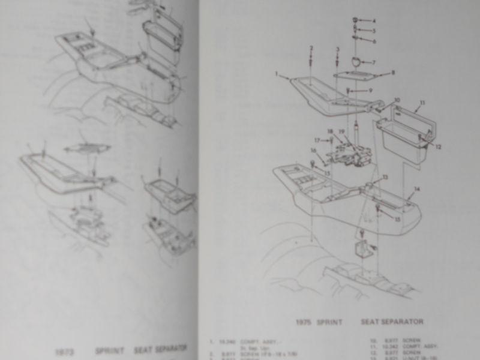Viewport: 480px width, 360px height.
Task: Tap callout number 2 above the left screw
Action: pyautogui.click(x=311, y=48)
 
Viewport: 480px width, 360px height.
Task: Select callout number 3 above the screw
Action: pyautogui.click(x=338, y=49)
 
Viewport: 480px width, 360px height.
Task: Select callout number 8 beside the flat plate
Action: pyautogui.click(x=393, y=73)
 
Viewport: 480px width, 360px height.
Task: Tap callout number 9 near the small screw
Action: pyautogui.click(x=371, y=91)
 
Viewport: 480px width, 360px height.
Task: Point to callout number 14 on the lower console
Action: pyautogui.click(x=417, y=189)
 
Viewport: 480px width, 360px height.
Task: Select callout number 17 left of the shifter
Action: pyautogui.click(x=317, y=140)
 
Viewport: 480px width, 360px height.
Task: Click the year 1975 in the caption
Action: pyautogui.click(x=304, y=322)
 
